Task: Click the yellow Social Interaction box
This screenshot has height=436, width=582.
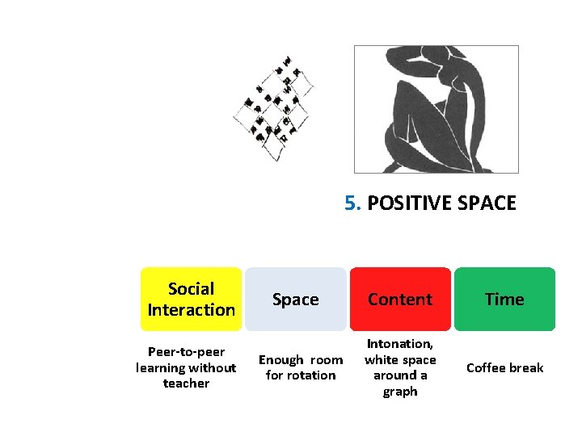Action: (192, 299)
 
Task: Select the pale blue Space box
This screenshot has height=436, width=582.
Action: (296, 299)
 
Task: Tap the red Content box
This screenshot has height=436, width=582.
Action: (400, 299)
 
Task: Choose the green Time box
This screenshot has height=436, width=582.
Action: (504, 299)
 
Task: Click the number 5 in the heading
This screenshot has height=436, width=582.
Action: (351, 203)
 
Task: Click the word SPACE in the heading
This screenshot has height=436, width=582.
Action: (487, 203)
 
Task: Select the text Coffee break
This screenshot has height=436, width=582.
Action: (504, 367)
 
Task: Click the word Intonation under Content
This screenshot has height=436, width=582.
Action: (400, 344)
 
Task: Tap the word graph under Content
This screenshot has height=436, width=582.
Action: (400, 392)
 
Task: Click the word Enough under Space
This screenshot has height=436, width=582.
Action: (281, 360)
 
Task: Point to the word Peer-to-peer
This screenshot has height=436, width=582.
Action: (186, 352)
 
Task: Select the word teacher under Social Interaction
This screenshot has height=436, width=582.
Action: (186, 384)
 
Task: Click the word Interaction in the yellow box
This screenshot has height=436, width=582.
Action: (192, 309)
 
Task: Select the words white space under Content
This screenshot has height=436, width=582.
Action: (400, 360)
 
